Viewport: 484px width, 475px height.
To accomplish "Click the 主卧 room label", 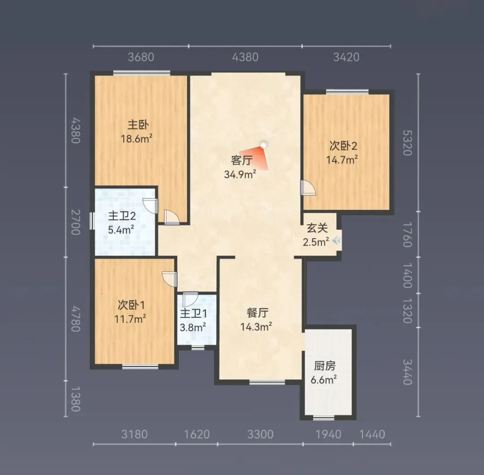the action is pyautogui.click(x=138, y=125).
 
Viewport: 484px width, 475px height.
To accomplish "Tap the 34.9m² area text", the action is pyautogui.click(x=240, y=174).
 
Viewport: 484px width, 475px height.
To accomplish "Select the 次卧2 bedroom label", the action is pyautogui.click(x=343, y=146).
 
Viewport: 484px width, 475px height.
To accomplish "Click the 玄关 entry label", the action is pyautogui.click(x=317, y=228).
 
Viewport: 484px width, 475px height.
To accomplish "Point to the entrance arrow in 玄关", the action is pyautogui.click(x=337, y=240).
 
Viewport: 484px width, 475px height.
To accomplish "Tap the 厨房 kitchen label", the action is pyautogui.click(x=325, y=366).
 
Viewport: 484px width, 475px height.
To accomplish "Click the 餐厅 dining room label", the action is pyautogui.click(x=257, y=313).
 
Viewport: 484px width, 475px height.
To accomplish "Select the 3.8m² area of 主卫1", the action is pyautogui.click(x=193, y=327).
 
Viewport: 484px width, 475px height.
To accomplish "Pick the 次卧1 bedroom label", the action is pyautogui.click(x=131, y=305).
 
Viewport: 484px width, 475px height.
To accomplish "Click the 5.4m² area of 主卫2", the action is pyautogui.click(x=121, y=230).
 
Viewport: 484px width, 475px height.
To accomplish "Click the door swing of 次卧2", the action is pyautogui.click(x=308, y=188).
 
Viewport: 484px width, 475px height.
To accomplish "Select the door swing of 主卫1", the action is pyautogui.click(x=190, y=299).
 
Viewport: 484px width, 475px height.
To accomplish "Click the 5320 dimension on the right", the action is pyautogui.click(x=408, y=142).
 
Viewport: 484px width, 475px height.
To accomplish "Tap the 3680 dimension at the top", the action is pyautogui.click(x=141, y=57).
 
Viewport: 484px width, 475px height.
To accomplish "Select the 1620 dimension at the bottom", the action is pyautogui.click(x=197, y=434).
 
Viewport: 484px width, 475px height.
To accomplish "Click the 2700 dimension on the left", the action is pyautogui.click(x=76, y=222).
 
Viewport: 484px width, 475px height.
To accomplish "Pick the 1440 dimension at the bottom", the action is pyautogui.click(x=372, y=434).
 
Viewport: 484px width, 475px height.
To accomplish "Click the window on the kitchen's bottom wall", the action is pyautogui.click(x=324, y=418).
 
